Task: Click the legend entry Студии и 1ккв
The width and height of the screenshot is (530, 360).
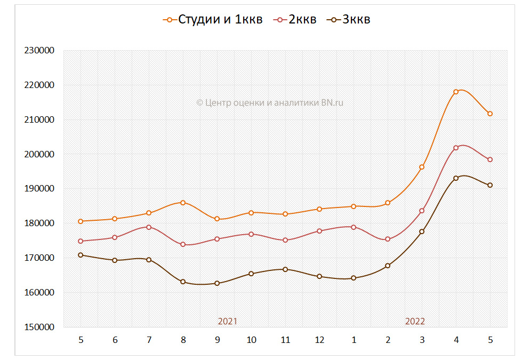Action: pos(213,20)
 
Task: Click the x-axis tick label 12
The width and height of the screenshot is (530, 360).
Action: pos(319,340)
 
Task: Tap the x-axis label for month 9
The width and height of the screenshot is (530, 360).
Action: pos(217,340)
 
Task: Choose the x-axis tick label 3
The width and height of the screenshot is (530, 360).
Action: pos(422,340)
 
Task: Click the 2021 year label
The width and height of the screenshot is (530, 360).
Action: pos(228,321)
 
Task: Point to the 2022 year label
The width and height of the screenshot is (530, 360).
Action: pos(415,321)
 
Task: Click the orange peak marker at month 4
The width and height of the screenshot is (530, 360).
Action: pos(456,92)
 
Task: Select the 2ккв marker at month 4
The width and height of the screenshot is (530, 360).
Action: pos(456,148)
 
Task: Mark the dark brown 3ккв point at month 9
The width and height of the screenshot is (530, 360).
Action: pos(217,283)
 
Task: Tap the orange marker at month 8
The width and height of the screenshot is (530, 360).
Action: pos(183,203)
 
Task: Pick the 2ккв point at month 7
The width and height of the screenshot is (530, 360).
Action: pos(149,227)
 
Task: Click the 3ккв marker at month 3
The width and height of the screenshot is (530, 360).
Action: pos(422,231)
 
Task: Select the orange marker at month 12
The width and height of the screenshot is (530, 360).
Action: pos(319,209)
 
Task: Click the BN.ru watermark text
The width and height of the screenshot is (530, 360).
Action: pos(270,103)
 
